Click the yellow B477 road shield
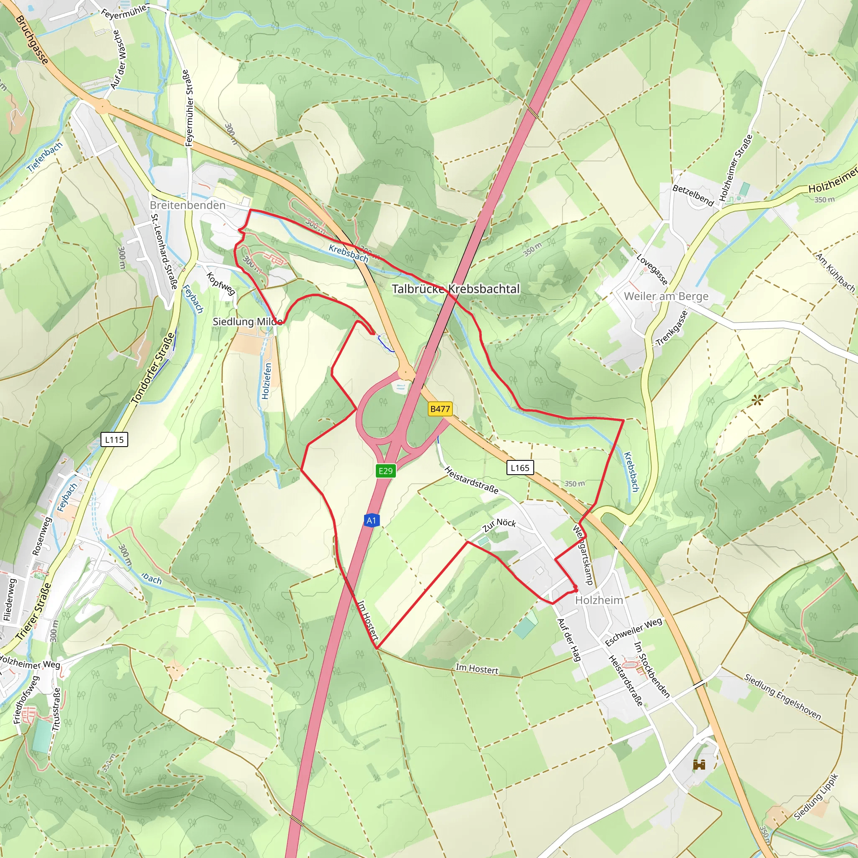click(x=439, y=408)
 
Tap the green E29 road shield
click(x=385, y=471)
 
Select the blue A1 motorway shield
click(x=371, y=520)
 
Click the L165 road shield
click(x=519, y=468)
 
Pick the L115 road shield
click(x=114, y=439)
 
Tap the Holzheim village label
click(x=599, y=600)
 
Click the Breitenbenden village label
click(x=187, y=205)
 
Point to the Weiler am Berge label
click(x=666, y=296)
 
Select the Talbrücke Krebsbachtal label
click(x=455, y=289)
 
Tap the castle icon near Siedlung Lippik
click(x=699, y=765)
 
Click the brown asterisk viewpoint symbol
click(x=757, y=401)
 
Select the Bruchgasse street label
click(x=31, y=39)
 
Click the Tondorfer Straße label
click(x=153, y=369)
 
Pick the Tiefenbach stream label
click(x=44, y=157)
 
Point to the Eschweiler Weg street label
click(x=633, y=632)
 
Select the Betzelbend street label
click(x=693, y=195)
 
